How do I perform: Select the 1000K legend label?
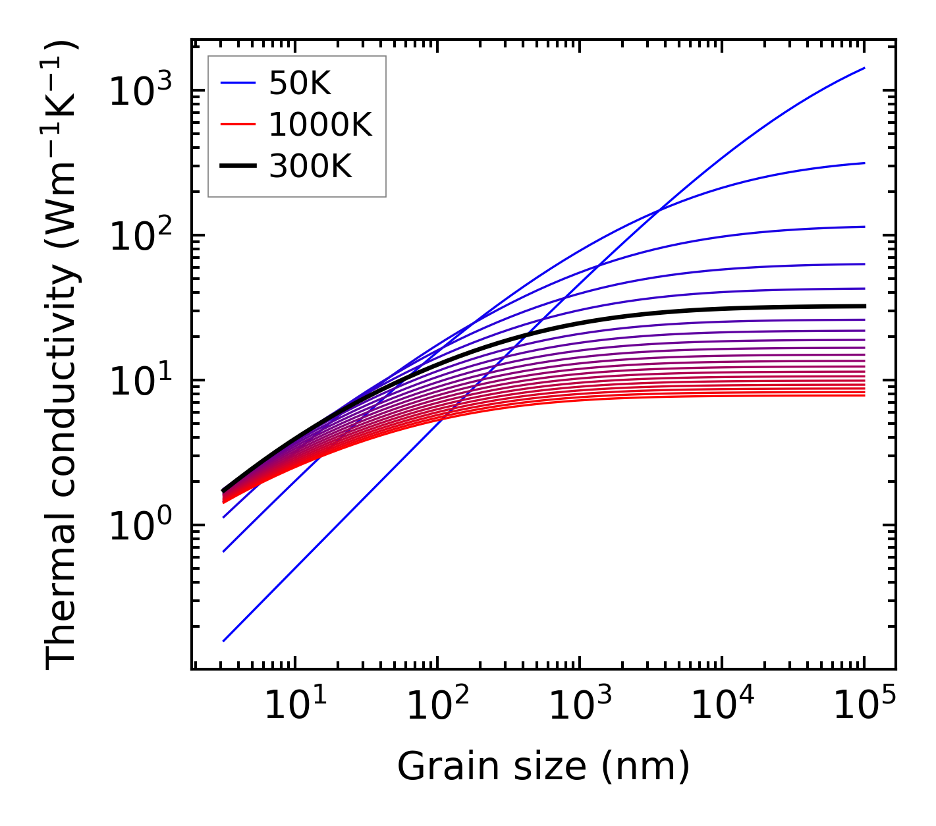click(320, 125)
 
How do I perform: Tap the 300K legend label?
click(310, 167)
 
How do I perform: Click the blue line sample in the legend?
click(237, 83)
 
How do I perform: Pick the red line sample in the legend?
click(237, 125)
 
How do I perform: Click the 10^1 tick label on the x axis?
click(294, 706)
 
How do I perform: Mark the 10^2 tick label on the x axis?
click(437, 706)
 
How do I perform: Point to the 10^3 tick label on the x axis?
click(579, 706)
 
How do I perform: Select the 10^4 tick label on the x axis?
click(721, 706)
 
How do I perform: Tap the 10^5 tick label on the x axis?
click(864, 706)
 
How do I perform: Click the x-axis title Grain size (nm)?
click(543, 766)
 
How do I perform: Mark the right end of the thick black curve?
click(864, 306)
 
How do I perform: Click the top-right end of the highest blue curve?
click(864, 68)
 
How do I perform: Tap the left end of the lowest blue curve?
click(224, 640)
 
